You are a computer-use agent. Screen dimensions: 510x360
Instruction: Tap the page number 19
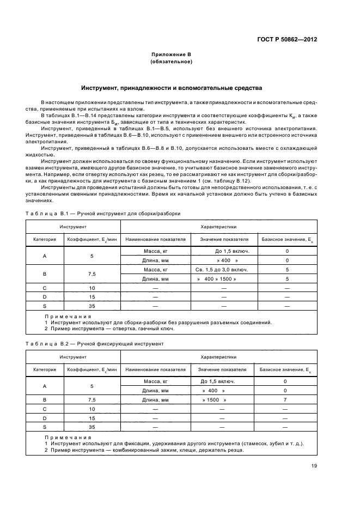pyautogui.click(x=314, y=465)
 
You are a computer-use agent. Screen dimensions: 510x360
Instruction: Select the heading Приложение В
pyautogui.click(x=171, y=54)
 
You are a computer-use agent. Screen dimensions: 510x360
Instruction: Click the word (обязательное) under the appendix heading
pyautogui.click(x=171, y=62)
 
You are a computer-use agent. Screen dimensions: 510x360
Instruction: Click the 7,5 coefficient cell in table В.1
pyautogui.click(x=92, y=274)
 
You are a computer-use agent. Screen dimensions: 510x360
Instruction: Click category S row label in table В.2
pyautogui.click(x=45, y=427)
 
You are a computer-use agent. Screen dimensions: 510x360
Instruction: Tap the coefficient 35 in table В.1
pyautogui.click(x=92, y=306)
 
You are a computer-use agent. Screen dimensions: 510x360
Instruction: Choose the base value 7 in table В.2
pyautogui.click(x=285, y=399)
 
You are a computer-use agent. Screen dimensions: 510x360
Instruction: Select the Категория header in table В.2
pyautogui.click(x=45, y=369)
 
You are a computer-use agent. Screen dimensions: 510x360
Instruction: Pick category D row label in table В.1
pyautogui.click(x=45, y=297)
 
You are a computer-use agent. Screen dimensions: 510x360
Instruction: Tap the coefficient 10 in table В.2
pyautogui.click(x=92, y=409)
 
